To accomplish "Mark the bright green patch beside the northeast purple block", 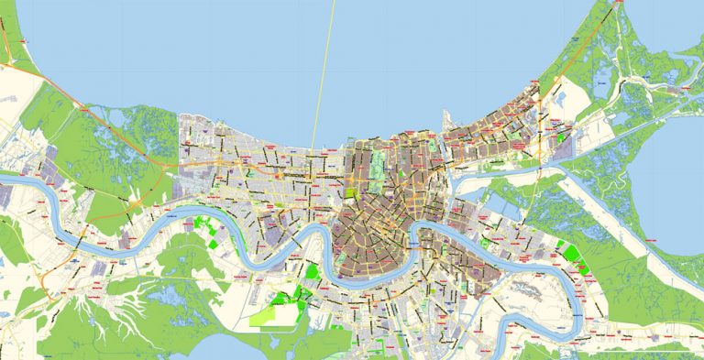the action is pos(561,137).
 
